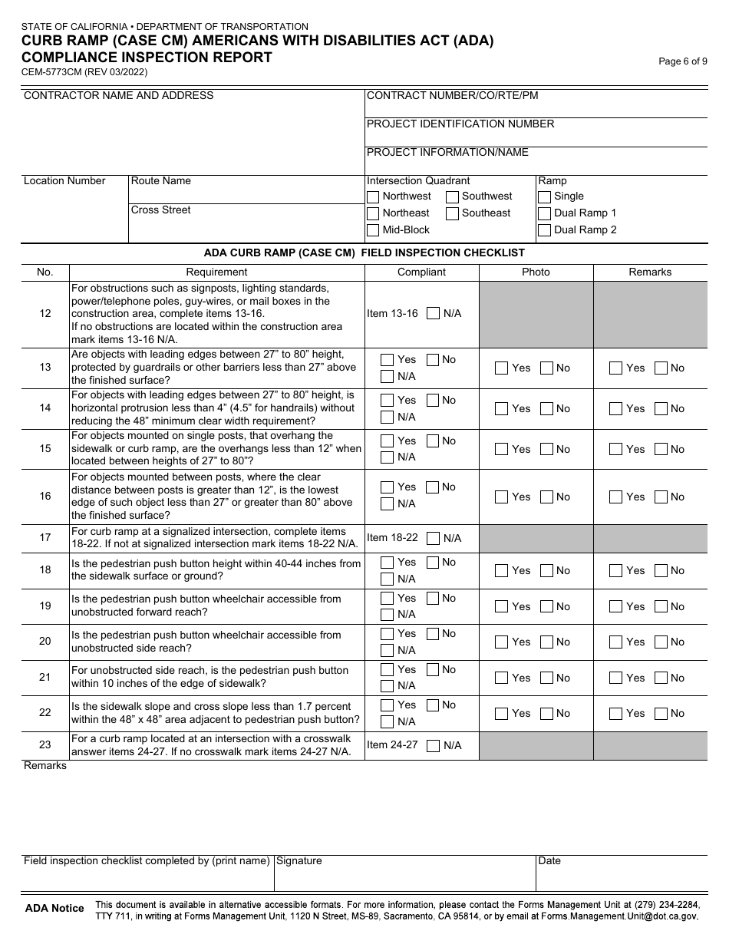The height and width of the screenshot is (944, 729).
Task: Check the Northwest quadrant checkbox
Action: [373, 196]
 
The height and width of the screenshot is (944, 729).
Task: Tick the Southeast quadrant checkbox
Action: [453, 213]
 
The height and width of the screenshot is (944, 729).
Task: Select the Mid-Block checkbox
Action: [373, 230]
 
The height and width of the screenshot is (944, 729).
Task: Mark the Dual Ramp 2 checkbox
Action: [545, 230]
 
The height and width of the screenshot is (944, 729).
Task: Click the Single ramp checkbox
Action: [545, 196]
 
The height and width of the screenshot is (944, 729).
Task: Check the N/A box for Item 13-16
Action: [434, 313]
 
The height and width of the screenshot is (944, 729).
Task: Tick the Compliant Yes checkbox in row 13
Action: [388, 360]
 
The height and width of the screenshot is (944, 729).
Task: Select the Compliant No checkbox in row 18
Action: [433, 563]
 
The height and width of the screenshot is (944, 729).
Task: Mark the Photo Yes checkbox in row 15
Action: [502, 449]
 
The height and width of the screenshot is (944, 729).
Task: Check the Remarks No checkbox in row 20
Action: [661, 642]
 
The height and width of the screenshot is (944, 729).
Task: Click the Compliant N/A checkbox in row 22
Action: [388, 721]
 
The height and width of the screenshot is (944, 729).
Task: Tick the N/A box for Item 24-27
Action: [434, 745]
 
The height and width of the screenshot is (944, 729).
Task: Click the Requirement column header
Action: [216, 272]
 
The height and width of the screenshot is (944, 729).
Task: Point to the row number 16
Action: [45, 496]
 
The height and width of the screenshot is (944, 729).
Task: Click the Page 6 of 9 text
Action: [683, 62]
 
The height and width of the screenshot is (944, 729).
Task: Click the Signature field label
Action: [299, 861]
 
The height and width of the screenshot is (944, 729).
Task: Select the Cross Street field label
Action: [161, 210]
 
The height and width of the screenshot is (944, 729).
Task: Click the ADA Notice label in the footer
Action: [54, 908]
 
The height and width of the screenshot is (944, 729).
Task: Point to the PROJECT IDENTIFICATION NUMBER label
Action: [460, 124]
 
